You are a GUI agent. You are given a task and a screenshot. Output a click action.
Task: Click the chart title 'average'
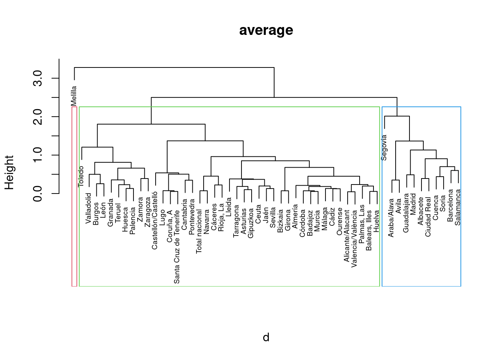coord(266,30)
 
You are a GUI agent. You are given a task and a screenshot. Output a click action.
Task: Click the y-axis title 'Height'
coord(9,172)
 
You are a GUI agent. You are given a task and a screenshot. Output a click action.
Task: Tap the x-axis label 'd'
coord(266,337)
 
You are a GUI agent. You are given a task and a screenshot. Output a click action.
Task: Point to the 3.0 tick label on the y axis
coord(37,78)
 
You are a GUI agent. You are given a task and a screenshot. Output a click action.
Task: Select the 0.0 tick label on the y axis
coord(37,193)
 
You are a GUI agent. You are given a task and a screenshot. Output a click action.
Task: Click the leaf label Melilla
coord(74,96)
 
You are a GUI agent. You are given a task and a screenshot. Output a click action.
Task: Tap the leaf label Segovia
coord(384,148)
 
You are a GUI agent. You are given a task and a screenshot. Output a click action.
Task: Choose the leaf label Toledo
coord(81,177)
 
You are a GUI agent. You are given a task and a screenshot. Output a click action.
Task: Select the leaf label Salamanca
coord(458,207)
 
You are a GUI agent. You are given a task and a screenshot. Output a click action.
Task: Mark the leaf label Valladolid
coord(89,208)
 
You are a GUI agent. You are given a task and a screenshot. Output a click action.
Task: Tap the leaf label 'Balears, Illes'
coord(369,230)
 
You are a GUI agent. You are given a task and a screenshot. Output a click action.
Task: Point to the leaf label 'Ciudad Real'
coord(428,217)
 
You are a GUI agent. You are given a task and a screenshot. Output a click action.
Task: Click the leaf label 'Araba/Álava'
coord(391,218)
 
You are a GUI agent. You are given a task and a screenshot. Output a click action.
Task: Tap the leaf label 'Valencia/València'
coord(354,238)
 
